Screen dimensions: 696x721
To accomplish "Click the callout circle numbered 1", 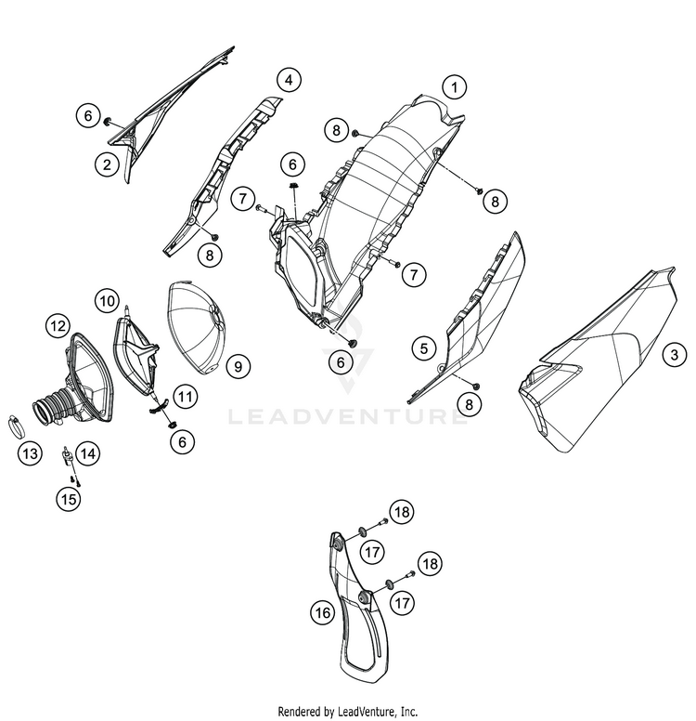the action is (455, 87).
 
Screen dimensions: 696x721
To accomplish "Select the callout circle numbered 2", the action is (107, 164).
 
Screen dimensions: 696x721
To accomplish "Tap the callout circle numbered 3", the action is (674, 355).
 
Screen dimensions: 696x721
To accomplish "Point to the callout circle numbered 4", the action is (289, 80).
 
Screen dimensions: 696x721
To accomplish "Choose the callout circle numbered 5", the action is (423, 348).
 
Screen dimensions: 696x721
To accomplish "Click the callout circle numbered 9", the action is (238, 366).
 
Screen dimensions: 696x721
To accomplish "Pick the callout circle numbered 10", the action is (107, 301).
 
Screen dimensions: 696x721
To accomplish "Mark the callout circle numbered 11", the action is (186, 396).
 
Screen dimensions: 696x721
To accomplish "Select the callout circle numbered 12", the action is (58, 326).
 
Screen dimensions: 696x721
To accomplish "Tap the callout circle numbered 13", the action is (30, 453).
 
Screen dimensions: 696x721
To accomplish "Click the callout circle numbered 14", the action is (88, 453).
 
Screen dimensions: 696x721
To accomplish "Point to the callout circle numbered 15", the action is (69, 498).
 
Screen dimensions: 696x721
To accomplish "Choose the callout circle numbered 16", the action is (323, 612).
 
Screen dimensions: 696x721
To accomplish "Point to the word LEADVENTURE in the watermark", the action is (347, 416).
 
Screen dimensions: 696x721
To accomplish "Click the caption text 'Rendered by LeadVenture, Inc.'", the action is (348, 712).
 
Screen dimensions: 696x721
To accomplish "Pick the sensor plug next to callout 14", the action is (68, 456).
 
